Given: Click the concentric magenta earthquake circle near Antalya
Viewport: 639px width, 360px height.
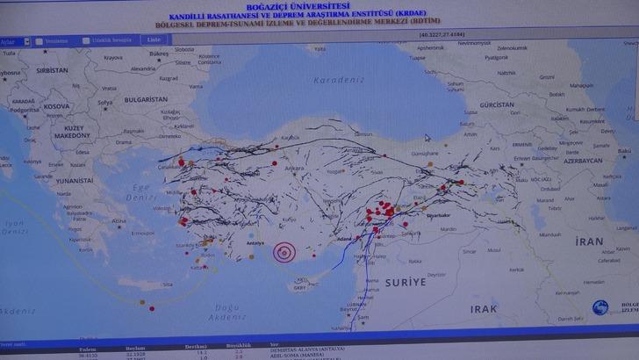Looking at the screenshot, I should point(283,252).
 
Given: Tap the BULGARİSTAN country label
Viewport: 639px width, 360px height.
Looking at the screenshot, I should point(143,100).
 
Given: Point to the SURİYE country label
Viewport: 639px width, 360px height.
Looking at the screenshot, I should point(405,283).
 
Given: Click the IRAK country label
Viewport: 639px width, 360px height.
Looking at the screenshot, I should point(484,309).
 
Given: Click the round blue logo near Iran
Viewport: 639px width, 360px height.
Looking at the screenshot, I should point(600,307).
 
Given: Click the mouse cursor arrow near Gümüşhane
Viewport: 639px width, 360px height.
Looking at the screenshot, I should point(427,137).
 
